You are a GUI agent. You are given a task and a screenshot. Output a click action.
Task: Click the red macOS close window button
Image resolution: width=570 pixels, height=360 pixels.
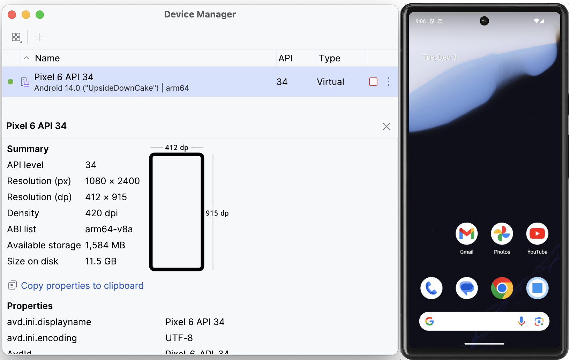click(12, 15)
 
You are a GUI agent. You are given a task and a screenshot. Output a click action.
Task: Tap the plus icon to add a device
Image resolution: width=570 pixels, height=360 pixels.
click(39, 37)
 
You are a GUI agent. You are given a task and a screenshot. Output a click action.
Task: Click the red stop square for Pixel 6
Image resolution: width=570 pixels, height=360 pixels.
click(373, 82)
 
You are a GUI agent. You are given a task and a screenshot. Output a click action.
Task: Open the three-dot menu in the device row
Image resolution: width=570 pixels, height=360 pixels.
click(389, 82)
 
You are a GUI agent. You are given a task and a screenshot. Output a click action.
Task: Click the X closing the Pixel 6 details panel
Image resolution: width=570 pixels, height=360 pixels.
click(386, 126)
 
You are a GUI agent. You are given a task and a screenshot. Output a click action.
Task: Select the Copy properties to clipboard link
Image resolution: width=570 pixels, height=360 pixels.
click(82, 286)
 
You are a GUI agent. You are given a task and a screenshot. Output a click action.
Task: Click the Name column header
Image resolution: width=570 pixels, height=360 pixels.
click(47, 58)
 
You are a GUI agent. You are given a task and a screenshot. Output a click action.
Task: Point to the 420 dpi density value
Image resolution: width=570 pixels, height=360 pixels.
click(102, 213)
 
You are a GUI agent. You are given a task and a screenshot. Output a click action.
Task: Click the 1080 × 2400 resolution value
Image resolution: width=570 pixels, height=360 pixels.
click(112, 181)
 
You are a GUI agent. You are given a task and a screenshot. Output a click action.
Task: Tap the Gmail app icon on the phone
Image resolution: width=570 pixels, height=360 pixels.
click(466, 234)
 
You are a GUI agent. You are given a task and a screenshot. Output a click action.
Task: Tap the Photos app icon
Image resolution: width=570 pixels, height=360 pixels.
click(502, 234)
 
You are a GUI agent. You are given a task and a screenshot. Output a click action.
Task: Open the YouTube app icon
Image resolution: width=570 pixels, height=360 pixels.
click(537, 234)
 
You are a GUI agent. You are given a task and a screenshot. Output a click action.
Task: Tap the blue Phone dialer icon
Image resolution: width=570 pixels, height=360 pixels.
click(432, 288)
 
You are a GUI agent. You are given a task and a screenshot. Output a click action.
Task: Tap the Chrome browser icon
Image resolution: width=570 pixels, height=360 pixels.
click(502, 288)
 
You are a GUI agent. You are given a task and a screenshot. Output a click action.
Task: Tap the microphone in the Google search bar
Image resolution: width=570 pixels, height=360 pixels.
click(521, 321)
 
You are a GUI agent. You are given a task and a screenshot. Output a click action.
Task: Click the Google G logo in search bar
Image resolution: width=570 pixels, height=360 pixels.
click(430, 321)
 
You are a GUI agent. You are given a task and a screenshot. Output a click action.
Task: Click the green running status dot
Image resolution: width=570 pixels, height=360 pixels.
click(10, 82)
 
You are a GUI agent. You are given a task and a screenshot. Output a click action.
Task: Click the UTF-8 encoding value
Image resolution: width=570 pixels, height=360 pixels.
click(179, 338)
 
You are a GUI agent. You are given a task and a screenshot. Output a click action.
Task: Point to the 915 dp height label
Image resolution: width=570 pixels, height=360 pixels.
click(217, 213)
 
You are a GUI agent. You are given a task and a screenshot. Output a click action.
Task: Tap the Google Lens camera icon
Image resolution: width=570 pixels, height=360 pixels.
click(539, 321)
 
